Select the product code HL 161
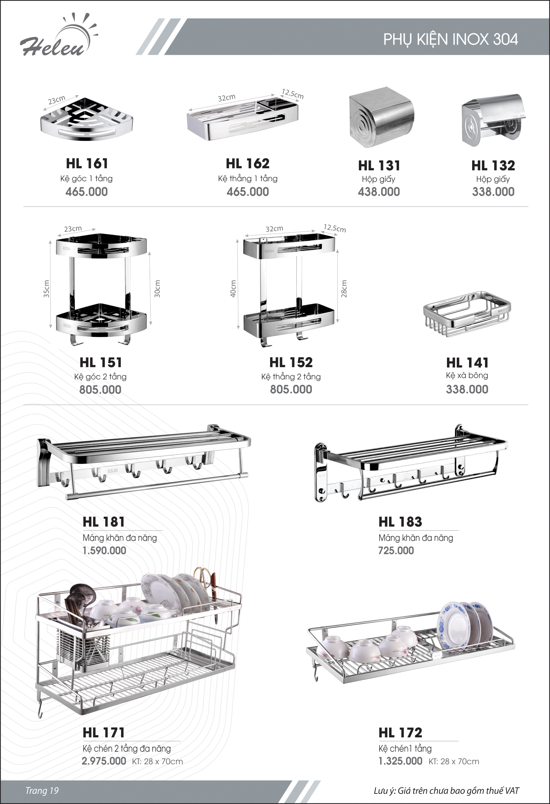coord(87,163)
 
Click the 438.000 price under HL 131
coord(379,192)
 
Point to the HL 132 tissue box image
coord(493,120)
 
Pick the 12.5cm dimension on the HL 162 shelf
coord(293,94)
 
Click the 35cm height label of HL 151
coord(46,289)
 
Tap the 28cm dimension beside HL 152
coord(344,289)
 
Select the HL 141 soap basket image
coord(467,314)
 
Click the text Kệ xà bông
coord(467,375)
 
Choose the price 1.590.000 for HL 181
coord(104,550)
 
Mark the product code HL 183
coord(400,522)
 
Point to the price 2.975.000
coord(104,761)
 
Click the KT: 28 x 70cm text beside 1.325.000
coord(453,762)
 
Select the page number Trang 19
coord(42,790)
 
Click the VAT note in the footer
coord(446,791)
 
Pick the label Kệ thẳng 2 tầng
coord(291,376)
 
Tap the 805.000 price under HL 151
coord(100,390)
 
